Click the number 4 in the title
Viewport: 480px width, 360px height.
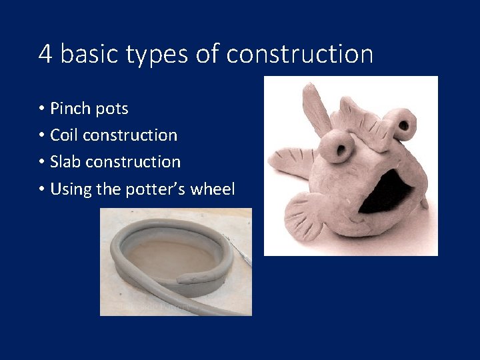45,53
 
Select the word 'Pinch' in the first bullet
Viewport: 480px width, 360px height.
71,108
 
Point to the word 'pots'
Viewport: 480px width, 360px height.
112,109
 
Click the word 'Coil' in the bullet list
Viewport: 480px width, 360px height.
64,135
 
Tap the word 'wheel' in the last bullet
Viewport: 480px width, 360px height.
213,189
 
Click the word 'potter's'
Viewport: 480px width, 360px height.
155,189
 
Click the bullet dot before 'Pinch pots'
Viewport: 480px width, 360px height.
41,108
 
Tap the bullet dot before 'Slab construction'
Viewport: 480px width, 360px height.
41,161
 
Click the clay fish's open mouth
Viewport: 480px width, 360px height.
387,190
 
